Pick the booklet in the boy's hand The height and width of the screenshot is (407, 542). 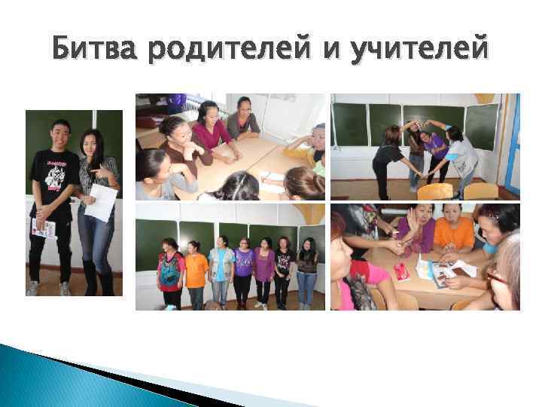coord(42,228)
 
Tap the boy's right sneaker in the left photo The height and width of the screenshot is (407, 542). coord(33,289)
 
